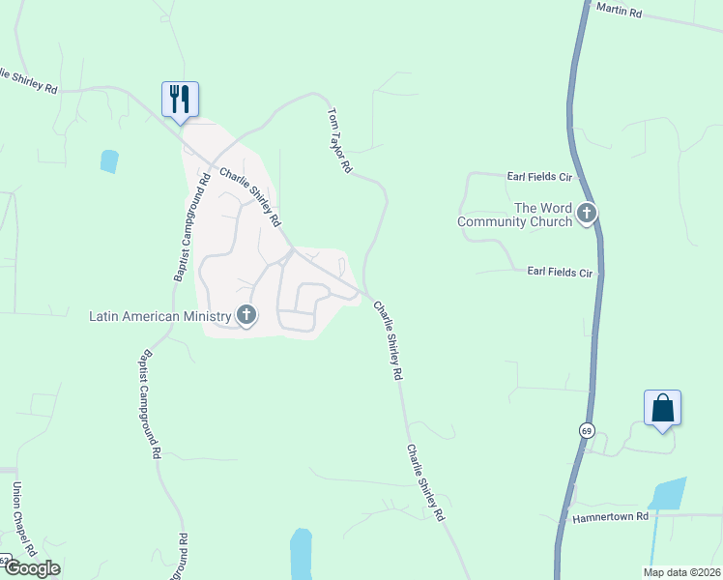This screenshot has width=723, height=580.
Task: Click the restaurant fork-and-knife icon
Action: click(180, 99)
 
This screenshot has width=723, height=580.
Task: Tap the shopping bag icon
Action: click(662, 408)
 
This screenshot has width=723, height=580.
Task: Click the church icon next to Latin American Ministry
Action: click(246, 315)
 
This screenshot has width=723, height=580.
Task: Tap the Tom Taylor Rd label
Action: click(339, 140)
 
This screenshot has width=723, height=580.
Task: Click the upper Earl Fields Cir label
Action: click(539, 177)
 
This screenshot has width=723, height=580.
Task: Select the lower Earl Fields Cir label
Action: click(559, 274)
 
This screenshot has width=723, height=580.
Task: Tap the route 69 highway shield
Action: click(586, 430)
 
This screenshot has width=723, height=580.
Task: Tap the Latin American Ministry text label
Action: click(160, 316)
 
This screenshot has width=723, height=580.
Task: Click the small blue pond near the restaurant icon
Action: click(109, 160)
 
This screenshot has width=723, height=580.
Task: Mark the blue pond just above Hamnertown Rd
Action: click(667, 495)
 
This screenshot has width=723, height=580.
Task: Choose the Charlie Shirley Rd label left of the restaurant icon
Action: click(29, 80)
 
